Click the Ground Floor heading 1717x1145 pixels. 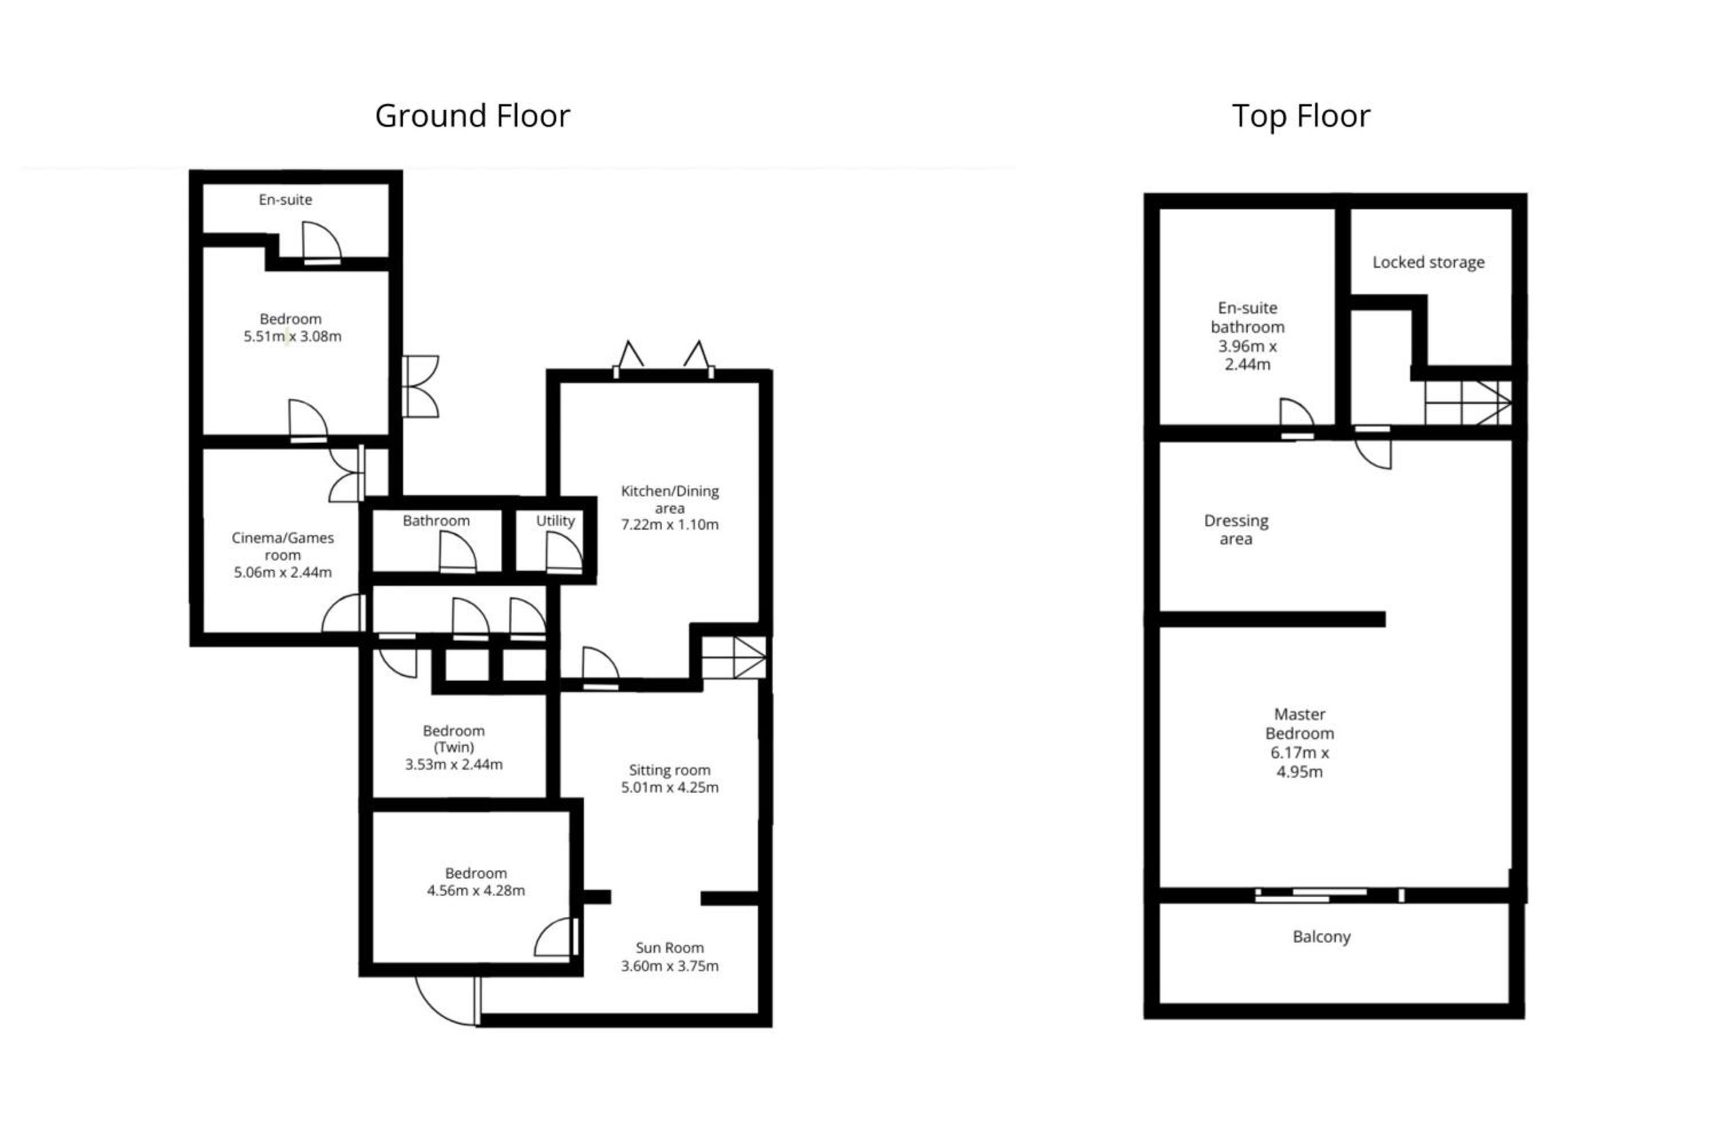(472, 116)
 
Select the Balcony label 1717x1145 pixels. (1321, 937)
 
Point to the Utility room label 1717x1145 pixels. (555, 520)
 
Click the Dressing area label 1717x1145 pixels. (1236, 530)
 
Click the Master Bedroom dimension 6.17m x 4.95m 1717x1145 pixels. (1299, 762)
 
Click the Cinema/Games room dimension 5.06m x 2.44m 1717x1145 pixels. (282, 572)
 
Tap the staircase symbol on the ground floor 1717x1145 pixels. (734, 657)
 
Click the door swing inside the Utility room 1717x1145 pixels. (564, 553)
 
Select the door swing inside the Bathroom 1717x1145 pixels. (457, 553)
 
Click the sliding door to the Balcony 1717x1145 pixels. (1330, 895)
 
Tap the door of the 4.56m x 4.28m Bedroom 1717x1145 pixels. (557, 937)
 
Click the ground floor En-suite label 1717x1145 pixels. (285, 200)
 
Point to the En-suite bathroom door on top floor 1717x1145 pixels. (1297, 419)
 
